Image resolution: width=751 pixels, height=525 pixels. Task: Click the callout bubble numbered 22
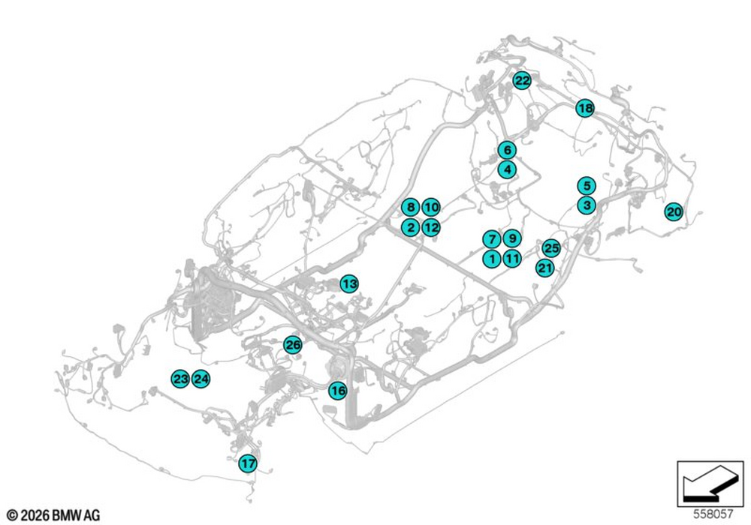[522, 80]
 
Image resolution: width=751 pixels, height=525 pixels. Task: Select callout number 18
[585, 108]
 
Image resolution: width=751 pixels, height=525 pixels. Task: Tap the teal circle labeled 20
[674, 211]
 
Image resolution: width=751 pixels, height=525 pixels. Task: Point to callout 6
[507, 150]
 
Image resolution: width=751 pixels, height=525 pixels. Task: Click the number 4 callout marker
[507, 169]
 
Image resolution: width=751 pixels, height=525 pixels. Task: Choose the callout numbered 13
[350, 284]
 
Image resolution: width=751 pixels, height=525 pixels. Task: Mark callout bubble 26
[293, 345]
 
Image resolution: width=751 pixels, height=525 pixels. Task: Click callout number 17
[248, 463]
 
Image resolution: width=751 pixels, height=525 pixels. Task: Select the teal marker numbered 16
[338, 391]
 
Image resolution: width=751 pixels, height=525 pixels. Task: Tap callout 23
[180, 379]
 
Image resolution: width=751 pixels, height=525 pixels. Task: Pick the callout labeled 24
[201, 379]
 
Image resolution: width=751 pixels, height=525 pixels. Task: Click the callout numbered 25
[551, 248]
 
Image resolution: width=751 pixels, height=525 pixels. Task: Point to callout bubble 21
[545, 268]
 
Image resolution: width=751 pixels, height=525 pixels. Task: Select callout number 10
[431, 207]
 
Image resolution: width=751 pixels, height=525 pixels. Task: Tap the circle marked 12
[431, 227]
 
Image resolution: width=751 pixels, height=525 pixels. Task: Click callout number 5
[587, 185]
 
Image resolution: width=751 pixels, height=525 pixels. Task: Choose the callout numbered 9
[512, 238]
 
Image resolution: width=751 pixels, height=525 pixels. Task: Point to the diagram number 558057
[713, 514]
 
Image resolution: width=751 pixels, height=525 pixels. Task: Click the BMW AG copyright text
[53, 515]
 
